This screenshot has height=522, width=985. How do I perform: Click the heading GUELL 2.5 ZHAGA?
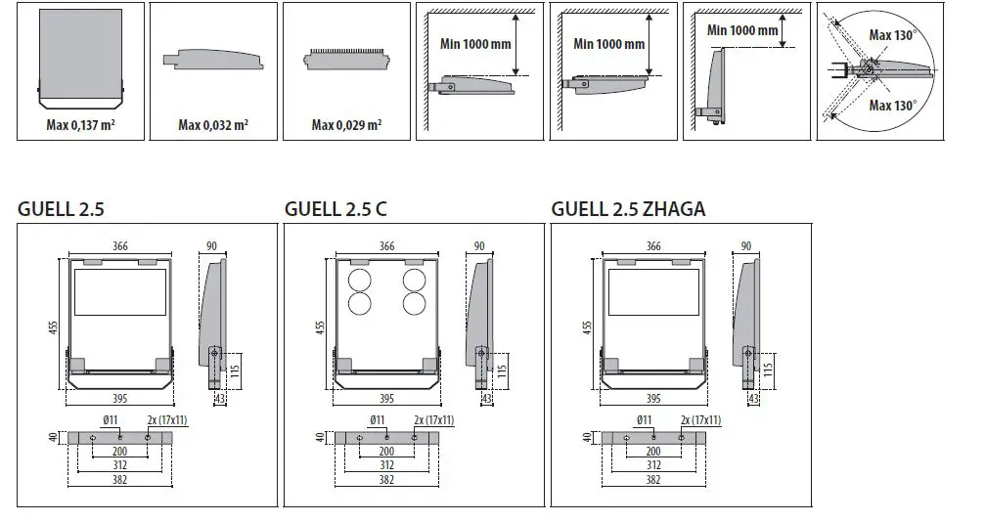coord(628,208)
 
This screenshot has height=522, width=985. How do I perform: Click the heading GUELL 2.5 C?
coord(336,208)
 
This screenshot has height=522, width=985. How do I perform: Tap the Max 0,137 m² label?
coord(80,124)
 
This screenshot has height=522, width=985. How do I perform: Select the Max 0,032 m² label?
coord(213,125)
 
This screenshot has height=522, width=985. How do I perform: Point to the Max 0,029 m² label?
coord(347,125)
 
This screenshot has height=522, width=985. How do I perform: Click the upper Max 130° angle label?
coord(893,35)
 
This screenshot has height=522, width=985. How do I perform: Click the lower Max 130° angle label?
coord(893,106)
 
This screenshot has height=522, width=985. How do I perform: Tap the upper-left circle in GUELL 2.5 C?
coord(360,281)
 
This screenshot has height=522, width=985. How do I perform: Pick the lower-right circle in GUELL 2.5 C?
coord(415,303)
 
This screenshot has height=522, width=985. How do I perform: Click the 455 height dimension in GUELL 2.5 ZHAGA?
coord(587,327)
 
